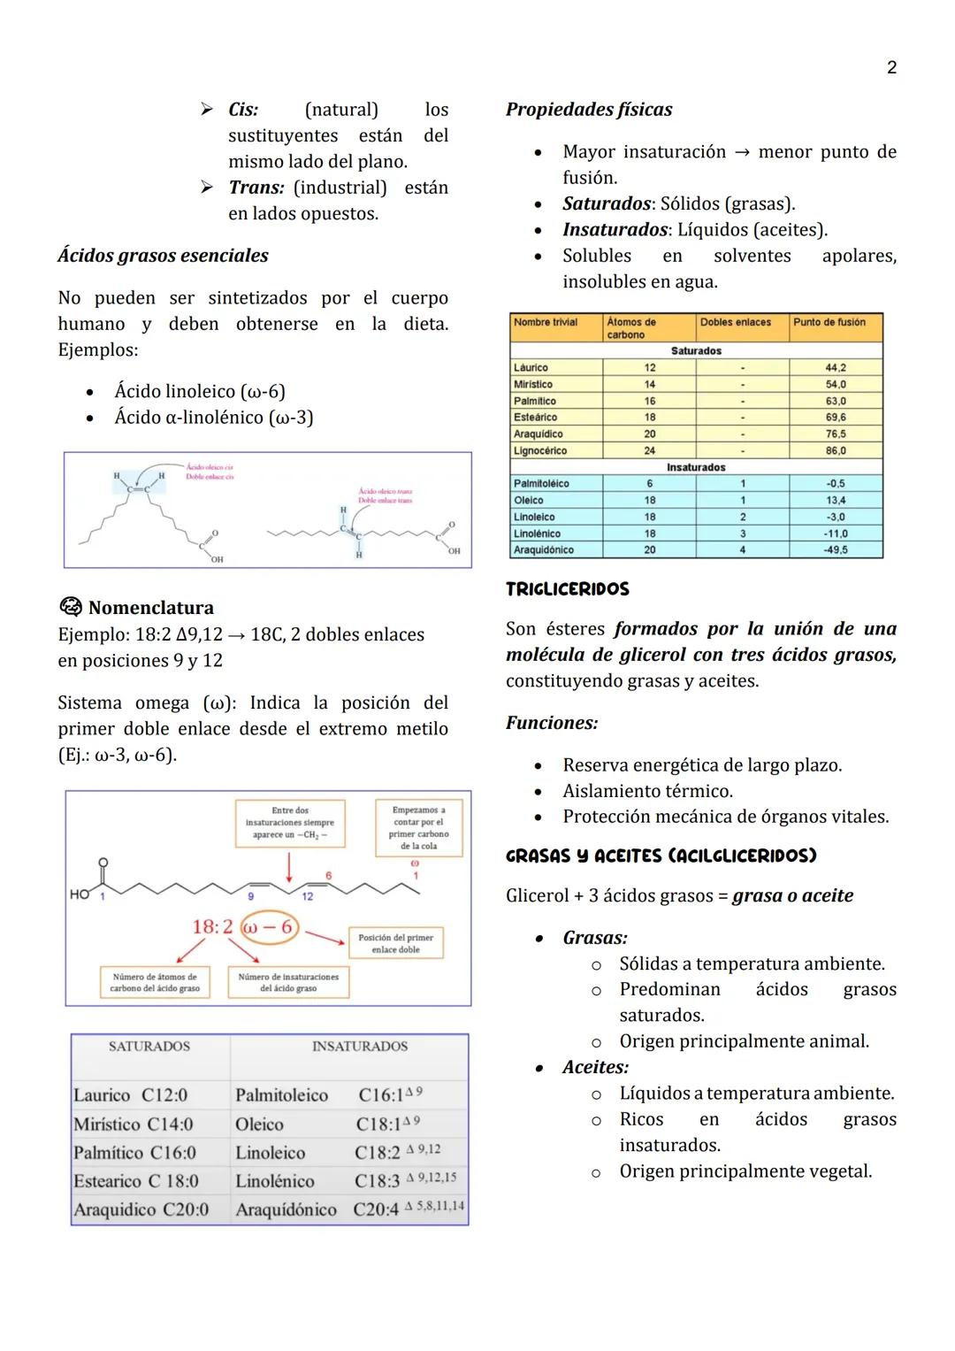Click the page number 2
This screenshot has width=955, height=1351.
891,68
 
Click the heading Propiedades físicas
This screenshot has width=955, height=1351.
588,110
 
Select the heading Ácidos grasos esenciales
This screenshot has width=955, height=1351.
163,256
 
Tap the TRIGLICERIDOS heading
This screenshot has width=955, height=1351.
567,589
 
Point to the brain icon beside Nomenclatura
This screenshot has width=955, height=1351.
70,607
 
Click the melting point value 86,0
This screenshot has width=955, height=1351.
835,450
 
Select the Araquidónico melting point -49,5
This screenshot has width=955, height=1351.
835,549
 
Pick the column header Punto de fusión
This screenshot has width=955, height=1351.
829,323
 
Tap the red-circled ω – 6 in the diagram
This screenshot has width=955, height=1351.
269,927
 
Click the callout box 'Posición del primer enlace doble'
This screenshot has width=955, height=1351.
395,943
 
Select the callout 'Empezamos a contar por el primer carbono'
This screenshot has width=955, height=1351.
418,827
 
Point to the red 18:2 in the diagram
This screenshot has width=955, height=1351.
212,927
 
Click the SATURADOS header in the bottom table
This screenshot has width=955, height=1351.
149,1047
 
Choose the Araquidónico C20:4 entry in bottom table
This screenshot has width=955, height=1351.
349,1209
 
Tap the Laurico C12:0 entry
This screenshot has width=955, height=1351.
131,1095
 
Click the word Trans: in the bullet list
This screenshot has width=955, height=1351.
256,188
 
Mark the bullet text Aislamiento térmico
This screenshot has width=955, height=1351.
647,791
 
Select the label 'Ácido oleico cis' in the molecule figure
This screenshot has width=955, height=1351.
210,466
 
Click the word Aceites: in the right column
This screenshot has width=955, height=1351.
595,1067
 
